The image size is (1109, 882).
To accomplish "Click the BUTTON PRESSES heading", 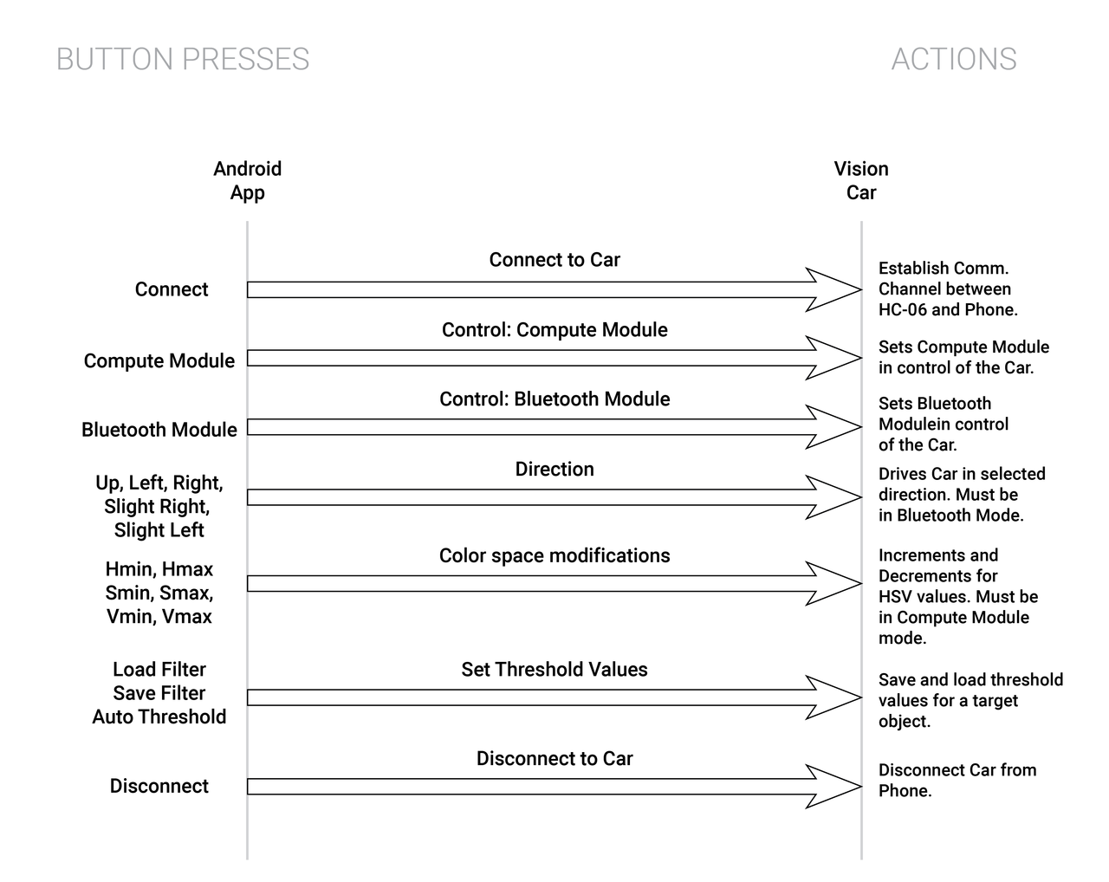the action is tap(183, 59).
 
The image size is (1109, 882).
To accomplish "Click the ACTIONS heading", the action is tap(953, 59).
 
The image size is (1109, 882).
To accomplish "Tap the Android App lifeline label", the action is tap(248, 180).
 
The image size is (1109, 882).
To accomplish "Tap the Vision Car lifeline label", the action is tap(861, 180).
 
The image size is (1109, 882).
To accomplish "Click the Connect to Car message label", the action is tap(554, 260).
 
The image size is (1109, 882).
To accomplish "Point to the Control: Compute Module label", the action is tap(554, 330).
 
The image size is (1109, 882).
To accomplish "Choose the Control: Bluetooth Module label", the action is tap(554, 399).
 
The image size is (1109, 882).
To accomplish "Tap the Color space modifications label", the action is tap(554, 555).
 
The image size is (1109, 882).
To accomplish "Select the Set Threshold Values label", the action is tap(554, 670).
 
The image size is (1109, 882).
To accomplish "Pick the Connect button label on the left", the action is tap(171, 289).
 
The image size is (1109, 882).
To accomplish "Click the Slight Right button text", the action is tap(157, 507).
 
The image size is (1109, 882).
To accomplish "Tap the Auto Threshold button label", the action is tap(159, 717).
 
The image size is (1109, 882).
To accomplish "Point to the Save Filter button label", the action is tap(159, 693).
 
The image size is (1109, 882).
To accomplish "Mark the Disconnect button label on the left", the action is tap(159, 786).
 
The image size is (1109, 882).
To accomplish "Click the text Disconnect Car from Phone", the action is tap(957, 781).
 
